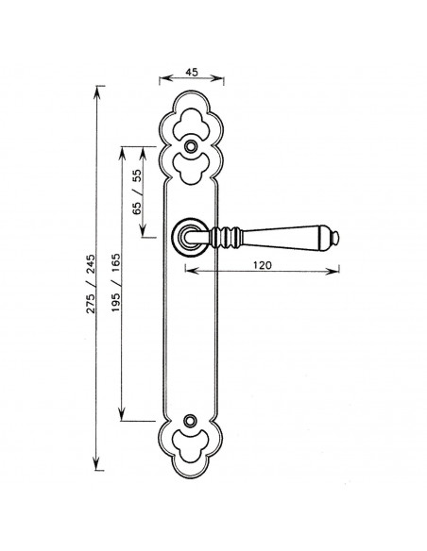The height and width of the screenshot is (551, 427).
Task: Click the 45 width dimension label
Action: (192, 72)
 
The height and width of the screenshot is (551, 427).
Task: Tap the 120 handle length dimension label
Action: (263, 265)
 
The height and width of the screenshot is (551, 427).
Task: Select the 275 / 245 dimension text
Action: (91, 284)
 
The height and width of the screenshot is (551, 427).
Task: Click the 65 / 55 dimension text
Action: (136, 192)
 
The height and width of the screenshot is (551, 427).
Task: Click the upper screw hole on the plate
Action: (191, 146)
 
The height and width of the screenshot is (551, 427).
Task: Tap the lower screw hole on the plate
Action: (190, 420)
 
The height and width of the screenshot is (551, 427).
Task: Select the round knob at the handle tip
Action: (335, 239)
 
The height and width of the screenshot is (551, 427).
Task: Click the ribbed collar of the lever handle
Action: (226, 237)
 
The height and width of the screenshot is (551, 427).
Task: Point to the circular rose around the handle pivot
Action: (175, 238)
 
